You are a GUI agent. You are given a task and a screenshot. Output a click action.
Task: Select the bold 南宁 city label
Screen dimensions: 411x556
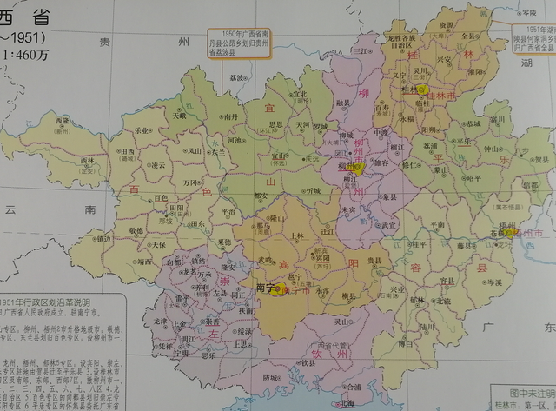click(266, 286)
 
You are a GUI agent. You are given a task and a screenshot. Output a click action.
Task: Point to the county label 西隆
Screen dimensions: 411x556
click(62, 123)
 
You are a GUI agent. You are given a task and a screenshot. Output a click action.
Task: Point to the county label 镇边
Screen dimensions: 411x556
click(103, 237)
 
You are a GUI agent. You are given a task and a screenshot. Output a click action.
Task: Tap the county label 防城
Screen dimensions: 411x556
click(272, 377)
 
